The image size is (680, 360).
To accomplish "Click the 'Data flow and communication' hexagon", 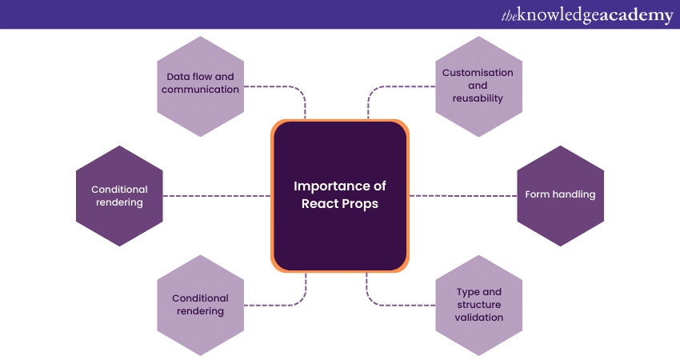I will coord(200,83).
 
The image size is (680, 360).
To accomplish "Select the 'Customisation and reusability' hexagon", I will coord(478,85).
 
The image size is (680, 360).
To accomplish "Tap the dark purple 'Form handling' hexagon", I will coord(560,195).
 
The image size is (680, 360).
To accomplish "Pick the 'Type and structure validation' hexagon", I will coord(479,305).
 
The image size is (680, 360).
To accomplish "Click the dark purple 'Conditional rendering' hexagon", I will coord(119,196).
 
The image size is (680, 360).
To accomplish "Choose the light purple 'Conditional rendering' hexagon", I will coord(200,305).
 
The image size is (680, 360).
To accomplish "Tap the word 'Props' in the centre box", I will coord(361,203).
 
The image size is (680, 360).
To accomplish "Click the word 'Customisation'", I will coord(478,72).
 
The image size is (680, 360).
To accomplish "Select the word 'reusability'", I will coord(478,98).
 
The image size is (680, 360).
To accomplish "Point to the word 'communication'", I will coord(200,90).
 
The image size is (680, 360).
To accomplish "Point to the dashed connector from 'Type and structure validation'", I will coord(400,304).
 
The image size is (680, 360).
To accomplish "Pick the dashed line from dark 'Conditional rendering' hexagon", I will coord(216,195).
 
